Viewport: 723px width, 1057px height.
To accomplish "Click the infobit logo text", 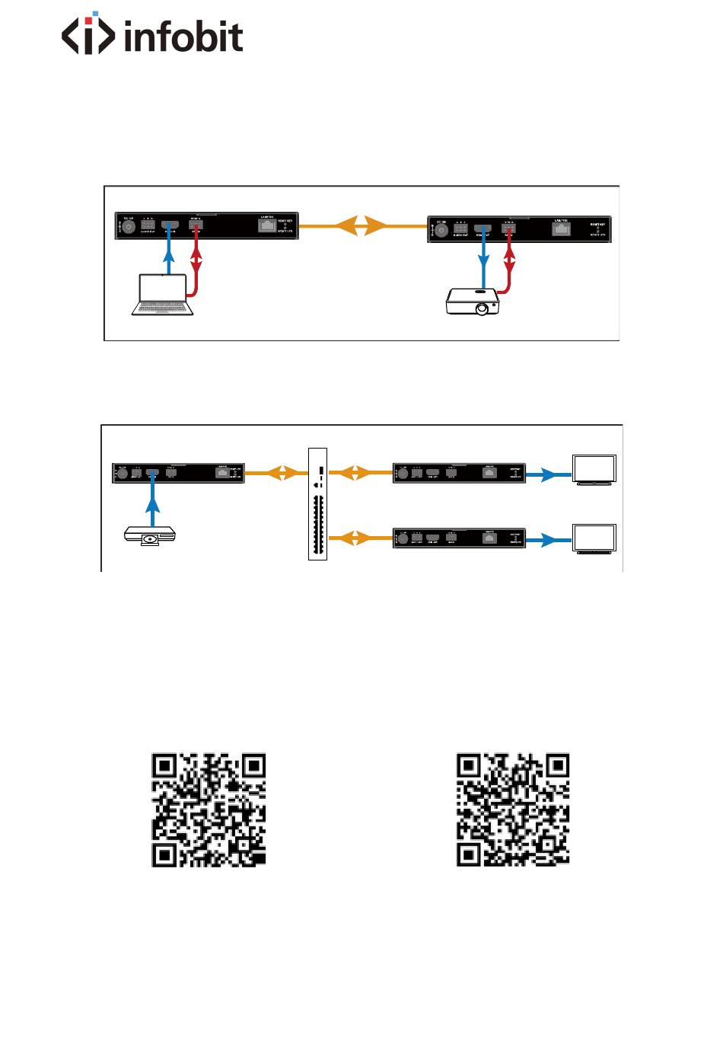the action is [183, 37].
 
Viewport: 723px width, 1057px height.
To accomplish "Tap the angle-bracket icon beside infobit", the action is [88, 34].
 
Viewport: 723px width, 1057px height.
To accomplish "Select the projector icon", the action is [473, 301].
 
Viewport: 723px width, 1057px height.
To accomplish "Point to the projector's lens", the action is [482, 309].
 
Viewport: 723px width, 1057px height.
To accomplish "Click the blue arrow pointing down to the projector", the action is [483, 263].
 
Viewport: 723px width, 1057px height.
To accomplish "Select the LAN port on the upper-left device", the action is [266, 225].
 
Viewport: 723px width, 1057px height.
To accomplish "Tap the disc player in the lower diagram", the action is [150, 536].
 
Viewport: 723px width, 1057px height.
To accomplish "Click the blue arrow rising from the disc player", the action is [153, 503].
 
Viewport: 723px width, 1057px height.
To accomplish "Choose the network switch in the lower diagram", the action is [317, 504].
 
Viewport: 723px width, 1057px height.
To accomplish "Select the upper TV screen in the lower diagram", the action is [594, 469].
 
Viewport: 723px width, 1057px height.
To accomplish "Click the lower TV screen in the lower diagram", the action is [594, 538].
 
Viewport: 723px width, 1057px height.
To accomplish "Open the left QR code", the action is [209, 810].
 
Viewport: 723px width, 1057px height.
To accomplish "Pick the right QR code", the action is [513, 810].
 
